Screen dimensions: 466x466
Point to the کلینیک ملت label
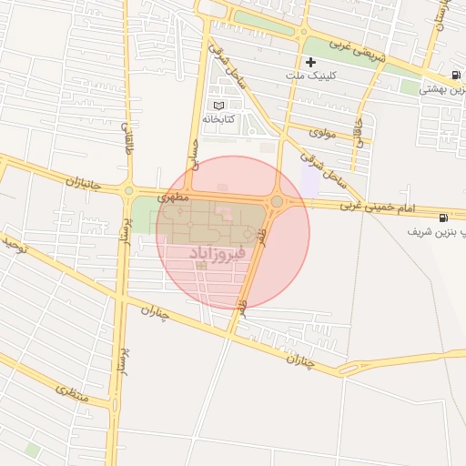[311, 76]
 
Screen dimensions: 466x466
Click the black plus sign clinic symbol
[311, 62]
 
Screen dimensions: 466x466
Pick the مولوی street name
[323, 132]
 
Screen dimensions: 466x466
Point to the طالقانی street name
[127, 141]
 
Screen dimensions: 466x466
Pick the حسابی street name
[193, 165]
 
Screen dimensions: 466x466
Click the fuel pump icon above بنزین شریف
[443, 217]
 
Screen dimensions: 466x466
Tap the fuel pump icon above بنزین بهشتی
[455, 74]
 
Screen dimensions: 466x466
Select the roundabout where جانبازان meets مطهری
[129, 191]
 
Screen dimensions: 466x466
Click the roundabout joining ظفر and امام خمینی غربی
[276, 201]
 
